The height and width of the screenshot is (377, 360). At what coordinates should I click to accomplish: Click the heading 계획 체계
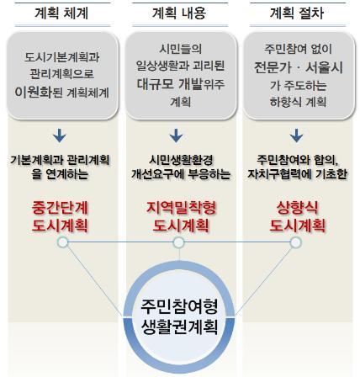click(61, 13)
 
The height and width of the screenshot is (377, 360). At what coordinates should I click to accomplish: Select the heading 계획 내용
click(179, 13)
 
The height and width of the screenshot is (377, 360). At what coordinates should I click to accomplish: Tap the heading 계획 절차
click(297, 13)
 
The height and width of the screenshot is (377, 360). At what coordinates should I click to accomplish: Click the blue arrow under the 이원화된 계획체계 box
click(60, 135)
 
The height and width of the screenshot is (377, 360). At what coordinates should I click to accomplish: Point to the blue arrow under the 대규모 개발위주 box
click(176, 135)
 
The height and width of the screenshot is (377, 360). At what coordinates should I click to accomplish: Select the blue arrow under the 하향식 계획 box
click(296, 135)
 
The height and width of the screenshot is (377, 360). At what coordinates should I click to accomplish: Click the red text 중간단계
click(60, 208)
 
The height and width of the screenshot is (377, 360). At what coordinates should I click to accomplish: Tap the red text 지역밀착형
click(181, 208)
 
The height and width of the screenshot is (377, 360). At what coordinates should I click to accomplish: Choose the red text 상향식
click(298, 208)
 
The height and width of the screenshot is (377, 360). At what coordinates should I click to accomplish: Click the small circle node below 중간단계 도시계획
click(62, 242)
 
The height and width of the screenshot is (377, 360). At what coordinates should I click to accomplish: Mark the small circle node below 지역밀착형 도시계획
click(179, 242)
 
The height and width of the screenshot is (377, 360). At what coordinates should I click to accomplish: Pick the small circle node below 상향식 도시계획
click(295, 242)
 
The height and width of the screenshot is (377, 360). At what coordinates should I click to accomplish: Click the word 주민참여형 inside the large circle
click(179, 306)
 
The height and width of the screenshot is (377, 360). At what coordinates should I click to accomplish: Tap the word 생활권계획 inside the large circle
click(179, 327)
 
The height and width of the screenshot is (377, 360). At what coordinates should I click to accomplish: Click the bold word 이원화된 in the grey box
click(39, 92)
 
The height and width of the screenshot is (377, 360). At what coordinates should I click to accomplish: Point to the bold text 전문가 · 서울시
click(299, 68)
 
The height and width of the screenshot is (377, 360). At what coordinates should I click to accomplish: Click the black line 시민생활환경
click(181, 160)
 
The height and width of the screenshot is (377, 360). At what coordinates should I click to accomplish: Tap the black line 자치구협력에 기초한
click(297, 174)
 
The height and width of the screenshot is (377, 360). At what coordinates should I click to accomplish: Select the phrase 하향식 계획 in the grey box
click(298, 102)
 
